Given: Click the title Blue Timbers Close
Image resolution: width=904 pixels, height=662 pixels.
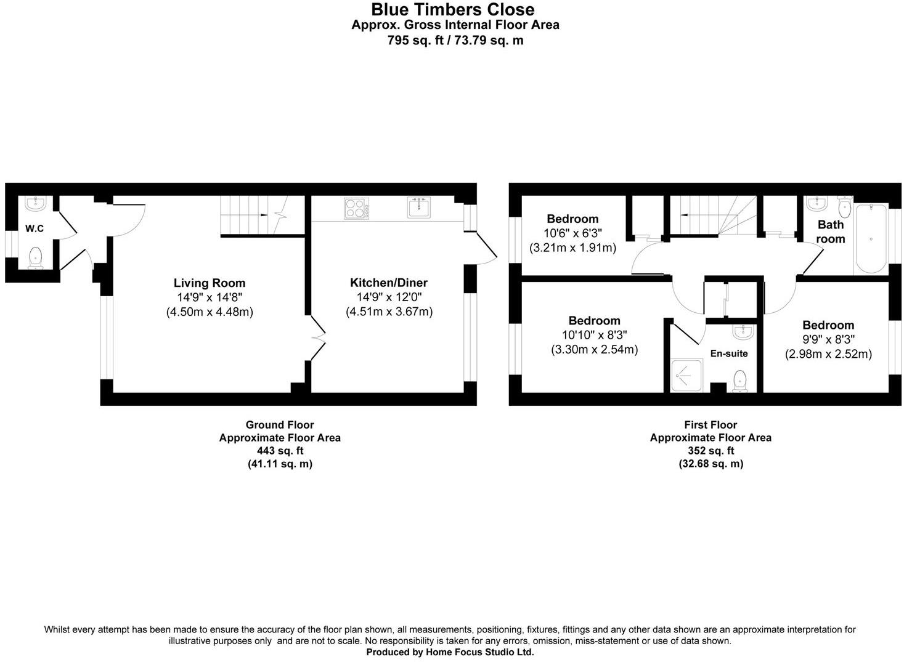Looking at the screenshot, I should pos(452,10).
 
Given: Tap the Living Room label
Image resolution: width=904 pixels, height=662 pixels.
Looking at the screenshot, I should pos(210,283).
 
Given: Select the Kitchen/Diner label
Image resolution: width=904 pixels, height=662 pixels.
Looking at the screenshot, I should pos(389,283).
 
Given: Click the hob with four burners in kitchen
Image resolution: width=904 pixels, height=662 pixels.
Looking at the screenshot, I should pos(357,208).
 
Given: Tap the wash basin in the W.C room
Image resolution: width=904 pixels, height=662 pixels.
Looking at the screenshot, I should pos(35,203).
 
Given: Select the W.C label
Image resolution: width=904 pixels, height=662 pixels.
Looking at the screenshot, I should pos(35,229).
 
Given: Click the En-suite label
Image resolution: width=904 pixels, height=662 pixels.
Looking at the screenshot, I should pos(729,353).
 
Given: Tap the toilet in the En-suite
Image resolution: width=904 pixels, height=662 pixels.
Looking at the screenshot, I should pos(739,381).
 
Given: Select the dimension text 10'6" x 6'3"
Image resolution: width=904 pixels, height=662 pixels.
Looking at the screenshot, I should pos(572,233).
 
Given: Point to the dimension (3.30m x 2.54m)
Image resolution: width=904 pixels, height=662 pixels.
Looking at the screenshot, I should pos(594,350).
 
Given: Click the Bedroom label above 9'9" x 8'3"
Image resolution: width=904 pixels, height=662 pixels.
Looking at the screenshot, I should pos(828,325).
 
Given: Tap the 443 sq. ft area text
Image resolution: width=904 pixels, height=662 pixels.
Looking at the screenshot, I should pos(280,451).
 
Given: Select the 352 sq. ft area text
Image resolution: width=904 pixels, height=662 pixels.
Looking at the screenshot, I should pos(711,451).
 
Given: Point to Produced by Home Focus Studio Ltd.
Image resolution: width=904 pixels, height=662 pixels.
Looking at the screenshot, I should pos(450,652).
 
